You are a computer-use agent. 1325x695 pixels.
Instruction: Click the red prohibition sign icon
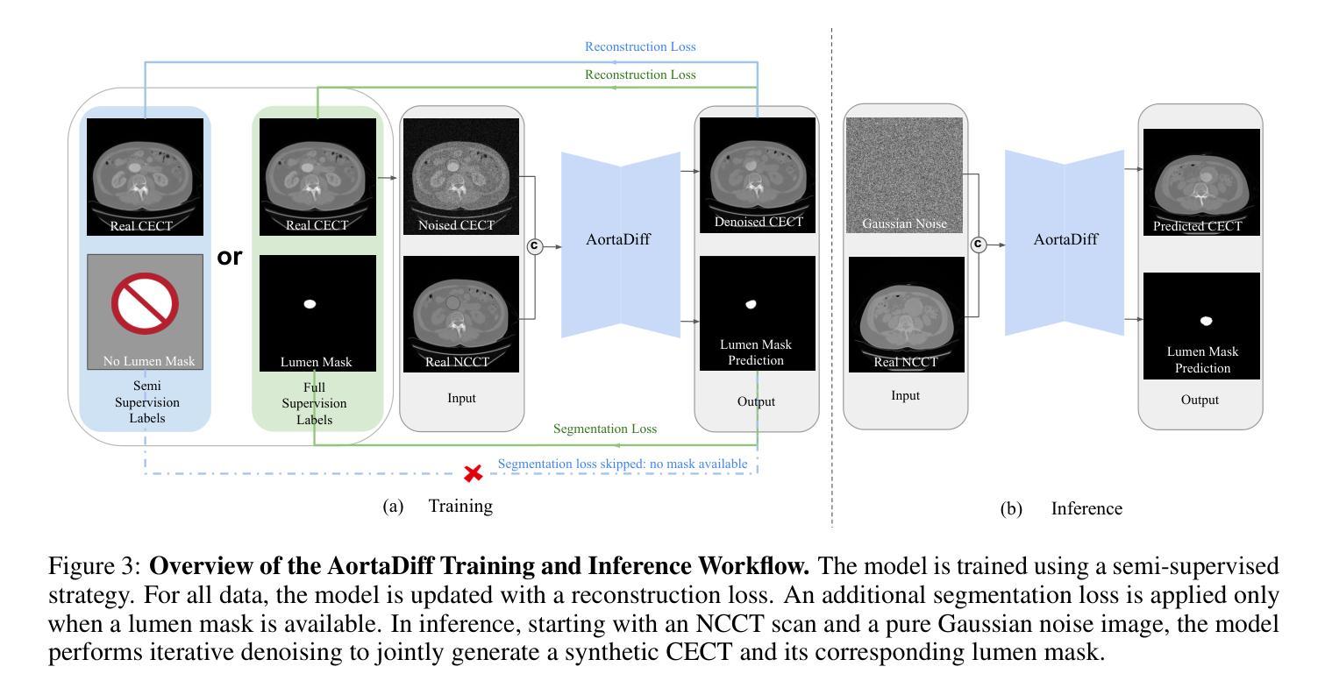point(145,303)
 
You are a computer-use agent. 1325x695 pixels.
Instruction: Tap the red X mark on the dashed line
point(474,473)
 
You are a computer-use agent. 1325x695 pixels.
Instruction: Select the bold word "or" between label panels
point(230,258)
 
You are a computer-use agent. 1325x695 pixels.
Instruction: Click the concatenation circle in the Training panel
point(534,246)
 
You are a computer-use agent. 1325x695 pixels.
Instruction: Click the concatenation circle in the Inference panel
point(979,245)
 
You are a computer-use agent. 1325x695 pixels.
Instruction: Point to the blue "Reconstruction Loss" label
point(640,46)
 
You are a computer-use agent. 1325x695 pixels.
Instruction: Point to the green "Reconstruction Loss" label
point(640,74)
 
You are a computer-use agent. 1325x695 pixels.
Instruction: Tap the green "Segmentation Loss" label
point(605,429)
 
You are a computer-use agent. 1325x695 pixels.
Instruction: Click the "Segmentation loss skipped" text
point(623,463)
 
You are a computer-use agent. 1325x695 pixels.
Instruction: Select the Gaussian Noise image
point(904,175)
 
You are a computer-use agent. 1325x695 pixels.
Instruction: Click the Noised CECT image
point(461,176)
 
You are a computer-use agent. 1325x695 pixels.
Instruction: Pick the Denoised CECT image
point(757,174)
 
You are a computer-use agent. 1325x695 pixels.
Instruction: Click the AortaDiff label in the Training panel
point(619,239)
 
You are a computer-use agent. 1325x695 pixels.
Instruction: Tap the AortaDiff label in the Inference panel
point(1065,238)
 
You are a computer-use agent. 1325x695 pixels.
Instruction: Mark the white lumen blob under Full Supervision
point(309,304)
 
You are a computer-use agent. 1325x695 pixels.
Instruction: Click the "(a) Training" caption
point(438,506)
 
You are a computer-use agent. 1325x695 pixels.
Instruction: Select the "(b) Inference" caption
point(1061,508)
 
